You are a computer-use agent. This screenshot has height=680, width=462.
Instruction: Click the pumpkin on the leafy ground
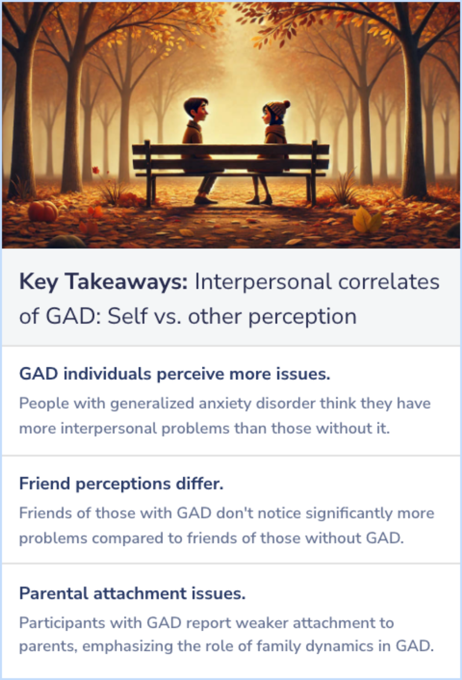(x=43, y=211)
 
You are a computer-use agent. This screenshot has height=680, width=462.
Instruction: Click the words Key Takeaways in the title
(x=104, y=282)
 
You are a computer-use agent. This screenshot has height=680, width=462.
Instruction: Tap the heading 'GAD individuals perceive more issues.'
(x=175, y=374)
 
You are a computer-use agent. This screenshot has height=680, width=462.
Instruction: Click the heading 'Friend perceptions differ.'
(x=121, y=484)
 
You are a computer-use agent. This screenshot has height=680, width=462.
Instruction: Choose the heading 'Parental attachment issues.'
(x=132, y=594)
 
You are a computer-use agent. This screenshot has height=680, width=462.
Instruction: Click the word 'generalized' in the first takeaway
(x=152, y=404)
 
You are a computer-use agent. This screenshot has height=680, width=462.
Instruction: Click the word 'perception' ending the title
(x=302, y=317)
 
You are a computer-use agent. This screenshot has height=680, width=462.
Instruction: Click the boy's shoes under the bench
(x=205, y=199)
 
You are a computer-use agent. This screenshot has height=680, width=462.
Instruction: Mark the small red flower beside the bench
(x=96, y=170)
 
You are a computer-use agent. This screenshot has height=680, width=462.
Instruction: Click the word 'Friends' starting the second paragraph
(x=45, y=513)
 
